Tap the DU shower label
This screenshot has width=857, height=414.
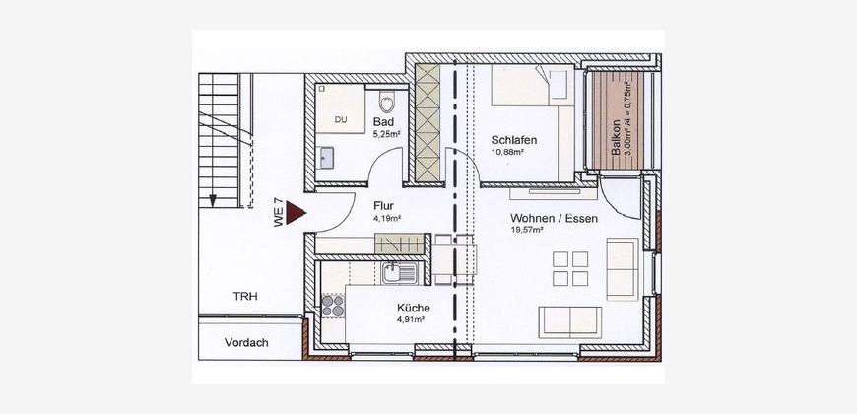[x=341, y=120]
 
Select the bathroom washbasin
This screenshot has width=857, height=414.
[x=327, y=158]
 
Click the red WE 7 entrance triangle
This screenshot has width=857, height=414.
[x=296, y=212]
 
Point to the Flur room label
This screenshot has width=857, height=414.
[x=384, y=206]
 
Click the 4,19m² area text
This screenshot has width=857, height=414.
[x=387, y=218]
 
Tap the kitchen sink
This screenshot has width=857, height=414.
[x=400, y=272]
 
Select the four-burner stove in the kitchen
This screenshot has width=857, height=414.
[x=333, y=306]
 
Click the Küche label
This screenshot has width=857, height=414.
[x=413, y=308]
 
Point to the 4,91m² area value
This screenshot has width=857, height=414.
[x=411, y=320]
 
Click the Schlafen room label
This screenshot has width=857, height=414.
[x=514, y=140]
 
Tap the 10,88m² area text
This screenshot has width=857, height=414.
[x=507, y=152]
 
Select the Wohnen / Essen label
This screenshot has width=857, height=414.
[x=555, y=219]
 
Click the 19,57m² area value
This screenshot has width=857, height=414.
[x=527, y=231]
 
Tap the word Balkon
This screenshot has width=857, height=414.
[x=616, y=138]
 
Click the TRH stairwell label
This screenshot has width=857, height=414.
[x=245, y=297]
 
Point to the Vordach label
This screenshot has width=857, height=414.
[x=246, y=343]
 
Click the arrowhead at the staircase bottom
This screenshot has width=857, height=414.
[x=213, y=201]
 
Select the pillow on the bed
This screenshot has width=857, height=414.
[x=559, y=84]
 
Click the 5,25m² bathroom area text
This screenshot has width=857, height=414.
[x=387, y=133]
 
